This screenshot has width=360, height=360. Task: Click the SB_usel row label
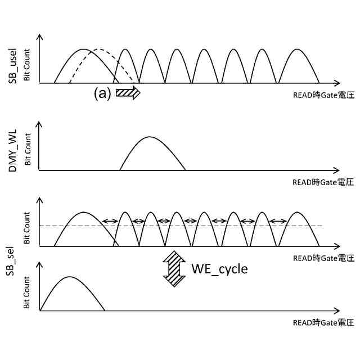[13, 66]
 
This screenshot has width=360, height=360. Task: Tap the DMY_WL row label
[13, 151]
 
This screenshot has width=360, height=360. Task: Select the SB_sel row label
[11, 261]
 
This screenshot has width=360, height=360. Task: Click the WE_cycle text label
[220, 269]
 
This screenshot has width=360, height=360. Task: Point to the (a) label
[102, 93]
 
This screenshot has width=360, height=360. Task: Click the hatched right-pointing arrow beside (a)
[128, 93]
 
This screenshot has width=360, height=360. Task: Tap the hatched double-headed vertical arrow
[174, 269]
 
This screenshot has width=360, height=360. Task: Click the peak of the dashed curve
[99, 49]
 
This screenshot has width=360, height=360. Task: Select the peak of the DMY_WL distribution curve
[150, 137]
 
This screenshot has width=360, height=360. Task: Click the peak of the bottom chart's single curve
[70, 277]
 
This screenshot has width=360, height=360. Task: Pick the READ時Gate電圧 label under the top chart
[323, 95]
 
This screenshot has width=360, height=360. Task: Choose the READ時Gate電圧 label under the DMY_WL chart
[323, 182]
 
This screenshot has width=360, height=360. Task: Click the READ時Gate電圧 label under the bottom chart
[323, 323]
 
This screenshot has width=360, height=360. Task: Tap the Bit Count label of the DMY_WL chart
[28, 149]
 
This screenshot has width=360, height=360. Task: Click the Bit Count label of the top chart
[27, 65]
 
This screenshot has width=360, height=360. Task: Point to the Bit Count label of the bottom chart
[26, 292]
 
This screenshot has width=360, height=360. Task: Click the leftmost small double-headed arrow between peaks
[110, 221]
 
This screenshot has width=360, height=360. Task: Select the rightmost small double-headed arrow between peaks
[278, 221]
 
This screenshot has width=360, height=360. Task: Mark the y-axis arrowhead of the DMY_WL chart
[39, 124]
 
